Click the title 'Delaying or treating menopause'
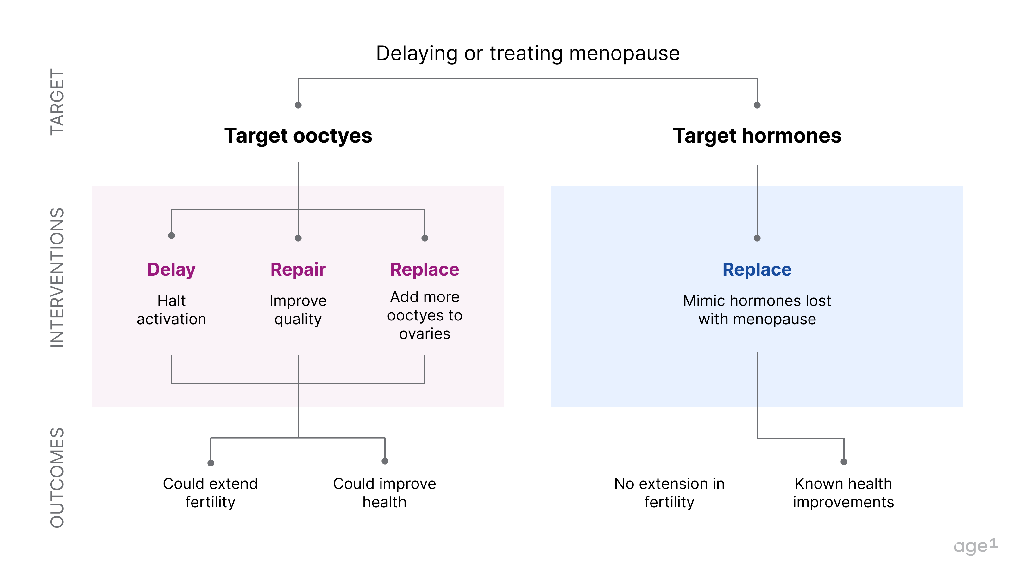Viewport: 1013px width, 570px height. tap(527, 53)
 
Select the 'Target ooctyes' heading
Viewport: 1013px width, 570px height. tap(298, 136)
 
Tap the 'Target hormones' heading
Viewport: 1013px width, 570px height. tap(757, 136)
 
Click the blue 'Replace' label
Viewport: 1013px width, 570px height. tap(757, 270)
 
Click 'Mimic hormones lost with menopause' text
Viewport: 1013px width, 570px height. tap(757, 310)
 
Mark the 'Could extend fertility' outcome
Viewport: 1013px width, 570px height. tap(211, 493)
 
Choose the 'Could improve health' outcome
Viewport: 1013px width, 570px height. tap(384, 493)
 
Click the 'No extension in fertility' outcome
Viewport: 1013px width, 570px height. tap(669, 493)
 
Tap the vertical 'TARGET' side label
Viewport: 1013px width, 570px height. tap(57, 102)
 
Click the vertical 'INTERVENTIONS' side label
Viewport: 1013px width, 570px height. tap(57, 277)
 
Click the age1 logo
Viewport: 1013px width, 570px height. tap(975, 546)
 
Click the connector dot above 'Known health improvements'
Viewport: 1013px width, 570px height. tap(844, 462)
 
